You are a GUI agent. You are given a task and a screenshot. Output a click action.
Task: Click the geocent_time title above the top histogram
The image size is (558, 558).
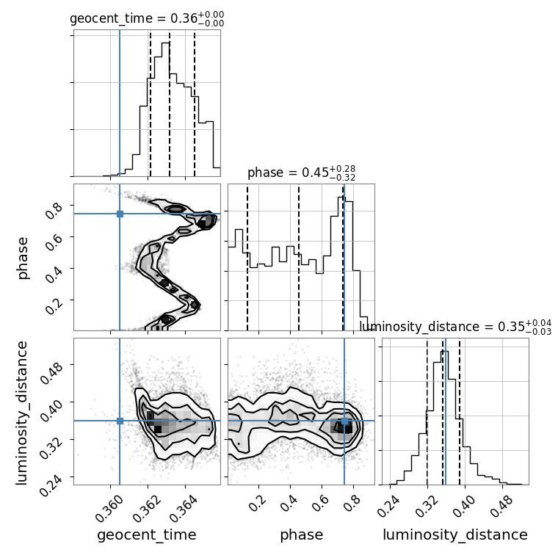[x=147, y=18]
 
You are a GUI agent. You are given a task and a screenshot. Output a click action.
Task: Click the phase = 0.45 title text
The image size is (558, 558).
[x=302, y=173]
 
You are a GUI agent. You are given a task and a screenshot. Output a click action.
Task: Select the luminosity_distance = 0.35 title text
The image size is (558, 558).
[x=455, y=327]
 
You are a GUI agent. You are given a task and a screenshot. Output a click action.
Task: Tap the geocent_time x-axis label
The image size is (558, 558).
[x=147, y=535]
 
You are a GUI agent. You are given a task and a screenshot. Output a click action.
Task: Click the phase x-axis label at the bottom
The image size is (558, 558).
[x=302, y=535]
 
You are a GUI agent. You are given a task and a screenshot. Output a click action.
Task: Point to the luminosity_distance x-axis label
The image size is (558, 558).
[x=455, y=535]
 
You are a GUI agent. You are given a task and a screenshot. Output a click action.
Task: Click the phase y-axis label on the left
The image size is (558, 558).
[x=23, y=258]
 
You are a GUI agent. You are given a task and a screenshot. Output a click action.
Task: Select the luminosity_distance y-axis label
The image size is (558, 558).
[x=21, y=413]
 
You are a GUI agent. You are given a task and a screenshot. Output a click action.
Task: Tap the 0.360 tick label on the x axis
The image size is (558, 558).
[x=109, y=509]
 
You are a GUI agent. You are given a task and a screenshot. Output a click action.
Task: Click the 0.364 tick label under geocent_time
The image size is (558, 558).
[x=185, y=509]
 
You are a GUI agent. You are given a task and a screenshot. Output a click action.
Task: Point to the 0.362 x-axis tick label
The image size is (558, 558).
[x=148, y=509]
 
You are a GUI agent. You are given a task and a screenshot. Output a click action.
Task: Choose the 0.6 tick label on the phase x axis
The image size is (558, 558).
[x=319, y=504]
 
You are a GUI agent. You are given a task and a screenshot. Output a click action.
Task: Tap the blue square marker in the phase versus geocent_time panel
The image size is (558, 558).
[x=120, y=214]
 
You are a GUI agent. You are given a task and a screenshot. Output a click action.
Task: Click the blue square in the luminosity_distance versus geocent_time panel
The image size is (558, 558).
[x=120, y=421]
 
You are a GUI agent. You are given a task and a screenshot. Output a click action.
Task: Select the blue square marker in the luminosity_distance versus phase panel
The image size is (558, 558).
[x=344, y=421]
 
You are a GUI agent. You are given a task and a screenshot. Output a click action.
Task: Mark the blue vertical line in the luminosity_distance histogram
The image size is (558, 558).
[x=446, y=411]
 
